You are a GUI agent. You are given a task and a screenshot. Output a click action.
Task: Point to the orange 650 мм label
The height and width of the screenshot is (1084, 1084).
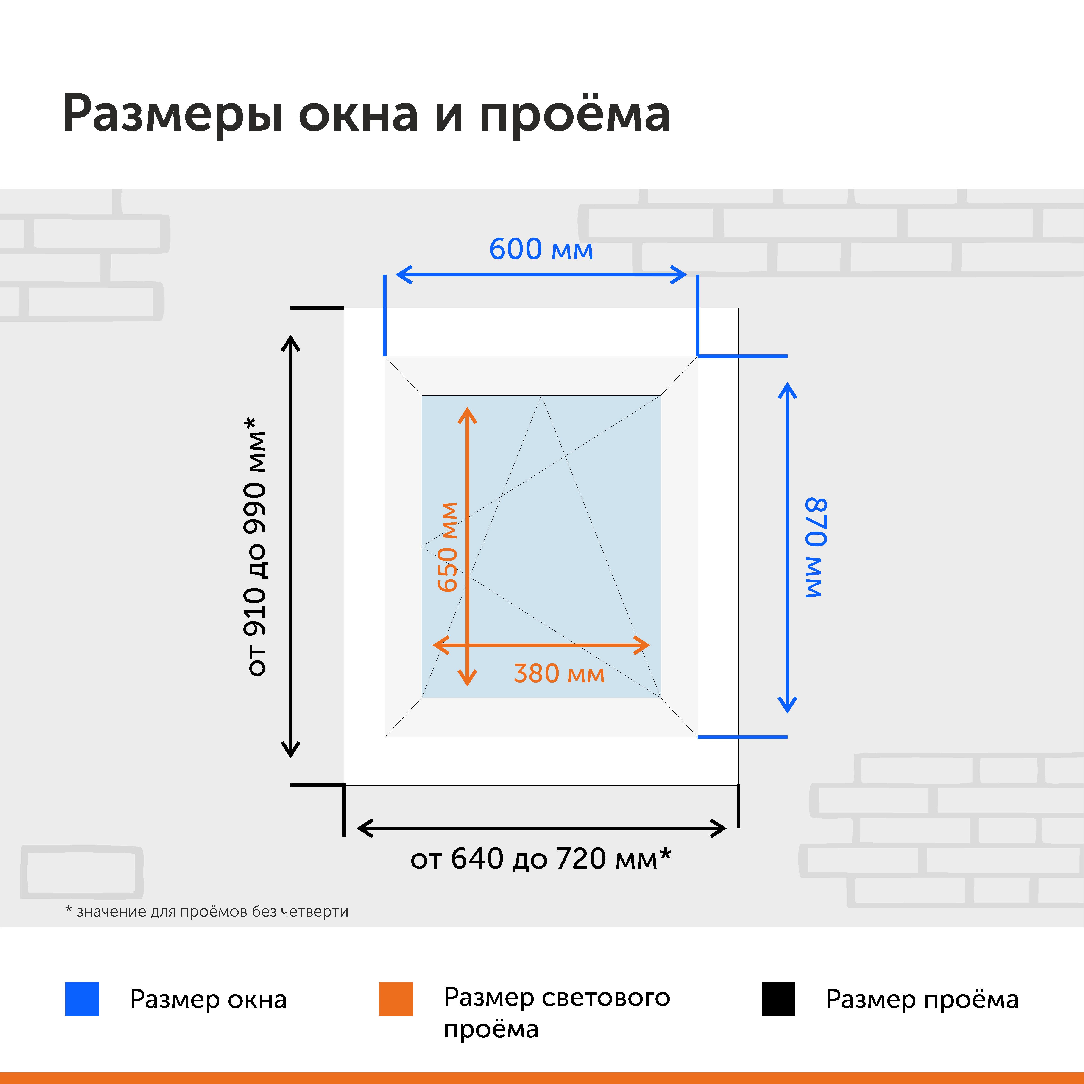[448, 547]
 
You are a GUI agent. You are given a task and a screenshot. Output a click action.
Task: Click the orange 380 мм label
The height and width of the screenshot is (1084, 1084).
[559, 673]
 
